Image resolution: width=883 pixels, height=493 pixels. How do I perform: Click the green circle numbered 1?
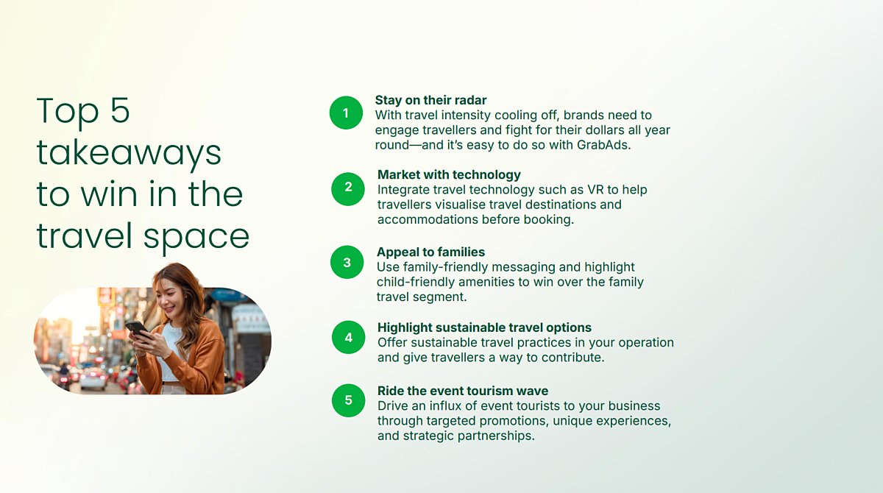pos(346,113)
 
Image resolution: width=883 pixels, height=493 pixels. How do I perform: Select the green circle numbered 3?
pos(347,262)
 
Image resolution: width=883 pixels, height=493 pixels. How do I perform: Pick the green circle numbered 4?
pos(349,337)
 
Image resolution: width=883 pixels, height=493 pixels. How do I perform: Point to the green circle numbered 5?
pos(349,400)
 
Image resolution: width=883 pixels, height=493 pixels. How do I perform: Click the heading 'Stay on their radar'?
pos(430,100)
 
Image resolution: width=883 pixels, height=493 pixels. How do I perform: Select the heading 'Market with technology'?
pos(449,174)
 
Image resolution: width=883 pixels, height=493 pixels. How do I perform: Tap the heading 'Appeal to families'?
pos(431,252)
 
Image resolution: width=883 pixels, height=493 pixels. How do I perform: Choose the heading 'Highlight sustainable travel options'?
pos(484,327)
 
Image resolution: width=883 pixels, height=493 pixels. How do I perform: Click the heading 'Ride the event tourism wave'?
pos(463,391)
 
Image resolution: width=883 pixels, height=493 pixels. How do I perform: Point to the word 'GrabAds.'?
pos(604,145)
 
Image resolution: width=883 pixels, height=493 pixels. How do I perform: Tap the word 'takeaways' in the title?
pos(129,153)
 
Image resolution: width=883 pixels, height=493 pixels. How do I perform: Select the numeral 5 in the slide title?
pos(120,110)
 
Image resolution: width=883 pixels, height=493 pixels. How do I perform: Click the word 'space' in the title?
pos(196,237)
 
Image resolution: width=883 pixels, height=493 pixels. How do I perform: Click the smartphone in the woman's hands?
pos(138,329)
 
